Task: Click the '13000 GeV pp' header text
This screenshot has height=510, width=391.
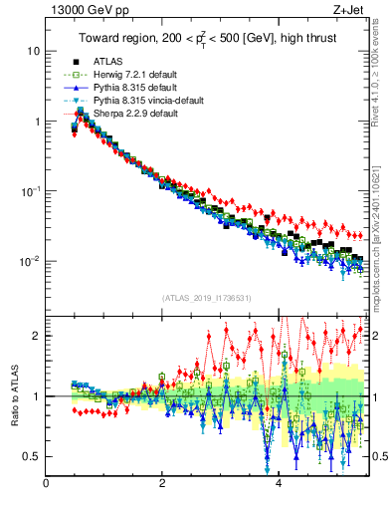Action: click(x=82, y=10)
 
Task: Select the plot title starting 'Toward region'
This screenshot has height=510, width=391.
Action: click(x=207, y=39)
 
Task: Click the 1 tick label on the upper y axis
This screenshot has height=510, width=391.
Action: click(x=37, y=122)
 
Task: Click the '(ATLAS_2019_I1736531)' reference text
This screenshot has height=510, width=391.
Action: click(x=207, y=298)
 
